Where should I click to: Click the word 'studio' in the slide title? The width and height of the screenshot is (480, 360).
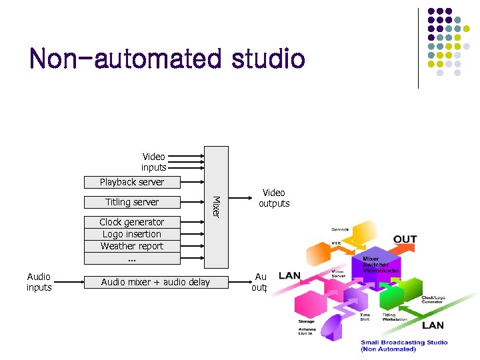click(268, 59)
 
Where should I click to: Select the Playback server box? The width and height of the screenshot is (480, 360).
click(132, 182)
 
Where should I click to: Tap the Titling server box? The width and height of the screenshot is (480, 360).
click(132, 202)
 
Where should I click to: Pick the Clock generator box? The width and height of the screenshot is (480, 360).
click(132, 222)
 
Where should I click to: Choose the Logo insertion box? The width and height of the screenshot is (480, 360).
click(132, 234)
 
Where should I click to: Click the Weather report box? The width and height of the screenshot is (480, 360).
click(132, 246)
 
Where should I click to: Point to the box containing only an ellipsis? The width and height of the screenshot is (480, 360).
click(132, 258)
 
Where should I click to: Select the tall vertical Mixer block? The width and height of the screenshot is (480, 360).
click(216, 207)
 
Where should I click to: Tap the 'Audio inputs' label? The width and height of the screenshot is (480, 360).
click(39, 282)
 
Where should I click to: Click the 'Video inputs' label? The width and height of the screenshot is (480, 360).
click(153, 162)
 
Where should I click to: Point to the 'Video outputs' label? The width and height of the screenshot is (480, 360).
click(274, 198)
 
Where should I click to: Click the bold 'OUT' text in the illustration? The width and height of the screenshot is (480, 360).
click(405, 239)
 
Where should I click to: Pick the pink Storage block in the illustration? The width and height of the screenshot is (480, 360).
click(308, 307)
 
